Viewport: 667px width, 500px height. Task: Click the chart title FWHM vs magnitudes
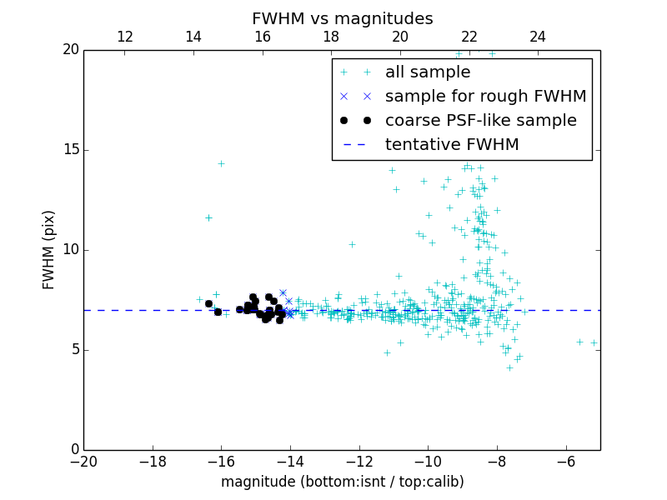coord(342,18)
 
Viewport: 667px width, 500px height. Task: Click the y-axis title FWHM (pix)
coord(49,250)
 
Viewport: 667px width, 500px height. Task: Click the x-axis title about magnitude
coord(342,482)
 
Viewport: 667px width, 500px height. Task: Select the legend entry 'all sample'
coord(427,72)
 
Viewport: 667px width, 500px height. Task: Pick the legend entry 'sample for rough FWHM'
coord(485,97)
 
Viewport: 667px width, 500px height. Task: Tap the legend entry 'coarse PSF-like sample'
coord(480,121)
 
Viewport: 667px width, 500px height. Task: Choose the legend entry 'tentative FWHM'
coord(452,145)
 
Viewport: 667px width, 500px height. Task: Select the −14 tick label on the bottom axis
coord(290,461)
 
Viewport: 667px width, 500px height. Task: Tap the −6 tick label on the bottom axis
coord(566,461)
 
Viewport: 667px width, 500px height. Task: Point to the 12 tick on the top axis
coord(125,37)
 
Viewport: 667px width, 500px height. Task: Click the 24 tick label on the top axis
coord(538,37)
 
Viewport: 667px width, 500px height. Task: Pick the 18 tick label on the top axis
coord(331,37)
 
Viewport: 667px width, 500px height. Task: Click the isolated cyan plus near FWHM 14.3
coord(221,163)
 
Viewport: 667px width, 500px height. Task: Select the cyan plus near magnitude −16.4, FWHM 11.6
coord(208,217)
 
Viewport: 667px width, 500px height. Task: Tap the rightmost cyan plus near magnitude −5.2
coord(594,342)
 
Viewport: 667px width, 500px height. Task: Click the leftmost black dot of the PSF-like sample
coord(208,303)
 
